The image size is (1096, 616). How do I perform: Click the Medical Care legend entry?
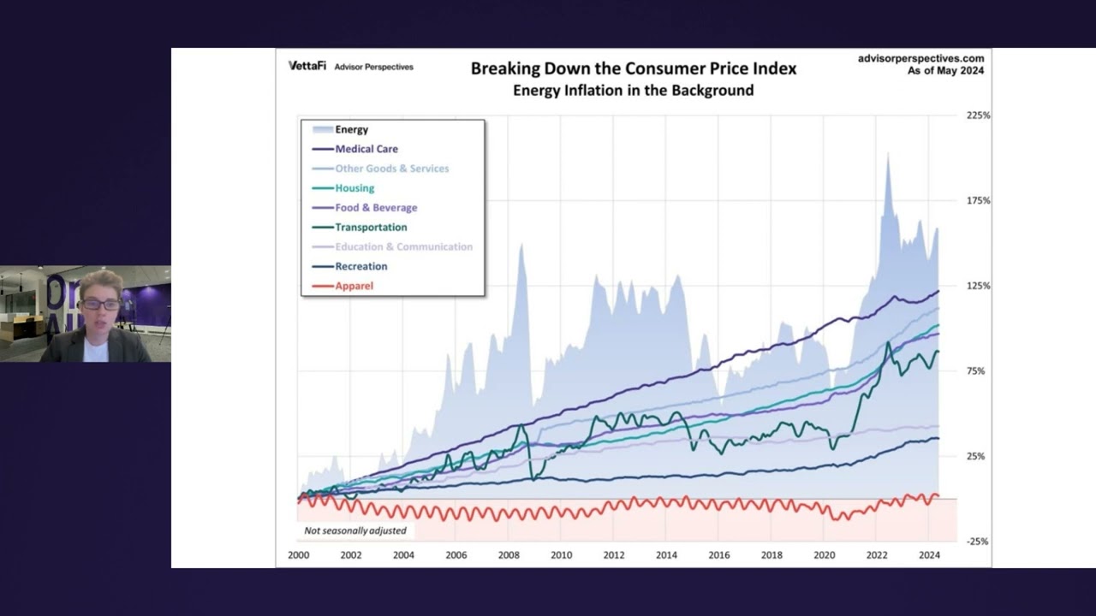(366, 149)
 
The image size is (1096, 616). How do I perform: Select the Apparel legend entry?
(354, 286)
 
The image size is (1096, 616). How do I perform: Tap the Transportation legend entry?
(370, 228)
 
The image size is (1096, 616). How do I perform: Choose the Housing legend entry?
(354, 188)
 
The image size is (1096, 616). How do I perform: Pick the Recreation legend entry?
(360, 266)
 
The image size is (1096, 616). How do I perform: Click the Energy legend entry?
(351, 130)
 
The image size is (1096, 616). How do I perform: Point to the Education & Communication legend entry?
(403, 246)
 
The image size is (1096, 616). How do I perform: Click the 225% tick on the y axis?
(978, 115)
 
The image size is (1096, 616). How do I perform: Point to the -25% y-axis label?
(978, 542)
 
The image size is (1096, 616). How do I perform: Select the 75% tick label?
(976, 371)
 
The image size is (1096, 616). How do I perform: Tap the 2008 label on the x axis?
(509, 555)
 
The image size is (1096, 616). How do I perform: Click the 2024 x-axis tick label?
(929, 555)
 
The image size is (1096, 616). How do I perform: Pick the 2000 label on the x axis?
(299, 555)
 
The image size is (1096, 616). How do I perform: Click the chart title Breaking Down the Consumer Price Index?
(633, 68)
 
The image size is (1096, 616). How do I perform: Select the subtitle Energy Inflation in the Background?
(633, 91)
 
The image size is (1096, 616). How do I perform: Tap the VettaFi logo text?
(307, 66)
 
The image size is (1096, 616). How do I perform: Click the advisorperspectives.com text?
(920, 58)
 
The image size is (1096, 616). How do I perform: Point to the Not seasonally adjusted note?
(355, 530)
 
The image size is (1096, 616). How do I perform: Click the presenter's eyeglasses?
(100, 305)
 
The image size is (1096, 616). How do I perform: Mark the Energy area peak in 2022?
(887, 156)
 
